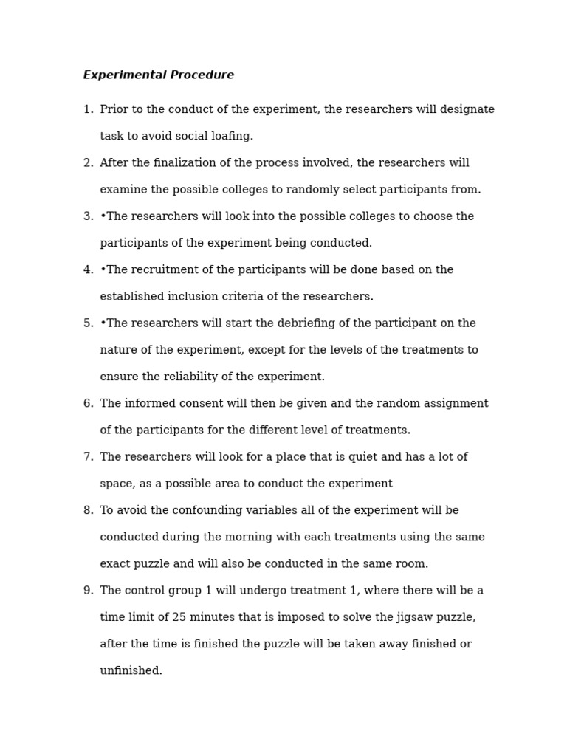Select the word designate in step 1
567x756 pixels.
coord(467,110)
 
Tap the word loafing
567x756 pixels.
coord(230,137)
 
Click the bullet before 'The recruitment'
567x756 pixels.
coord(103,270)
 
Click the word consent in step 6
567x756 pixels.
coord(214,404)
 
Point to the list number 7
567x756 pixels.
coord(87,458)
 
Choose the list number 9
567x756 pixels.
coord(87,591)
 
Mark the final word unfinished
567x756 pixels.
coord(131,671)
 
